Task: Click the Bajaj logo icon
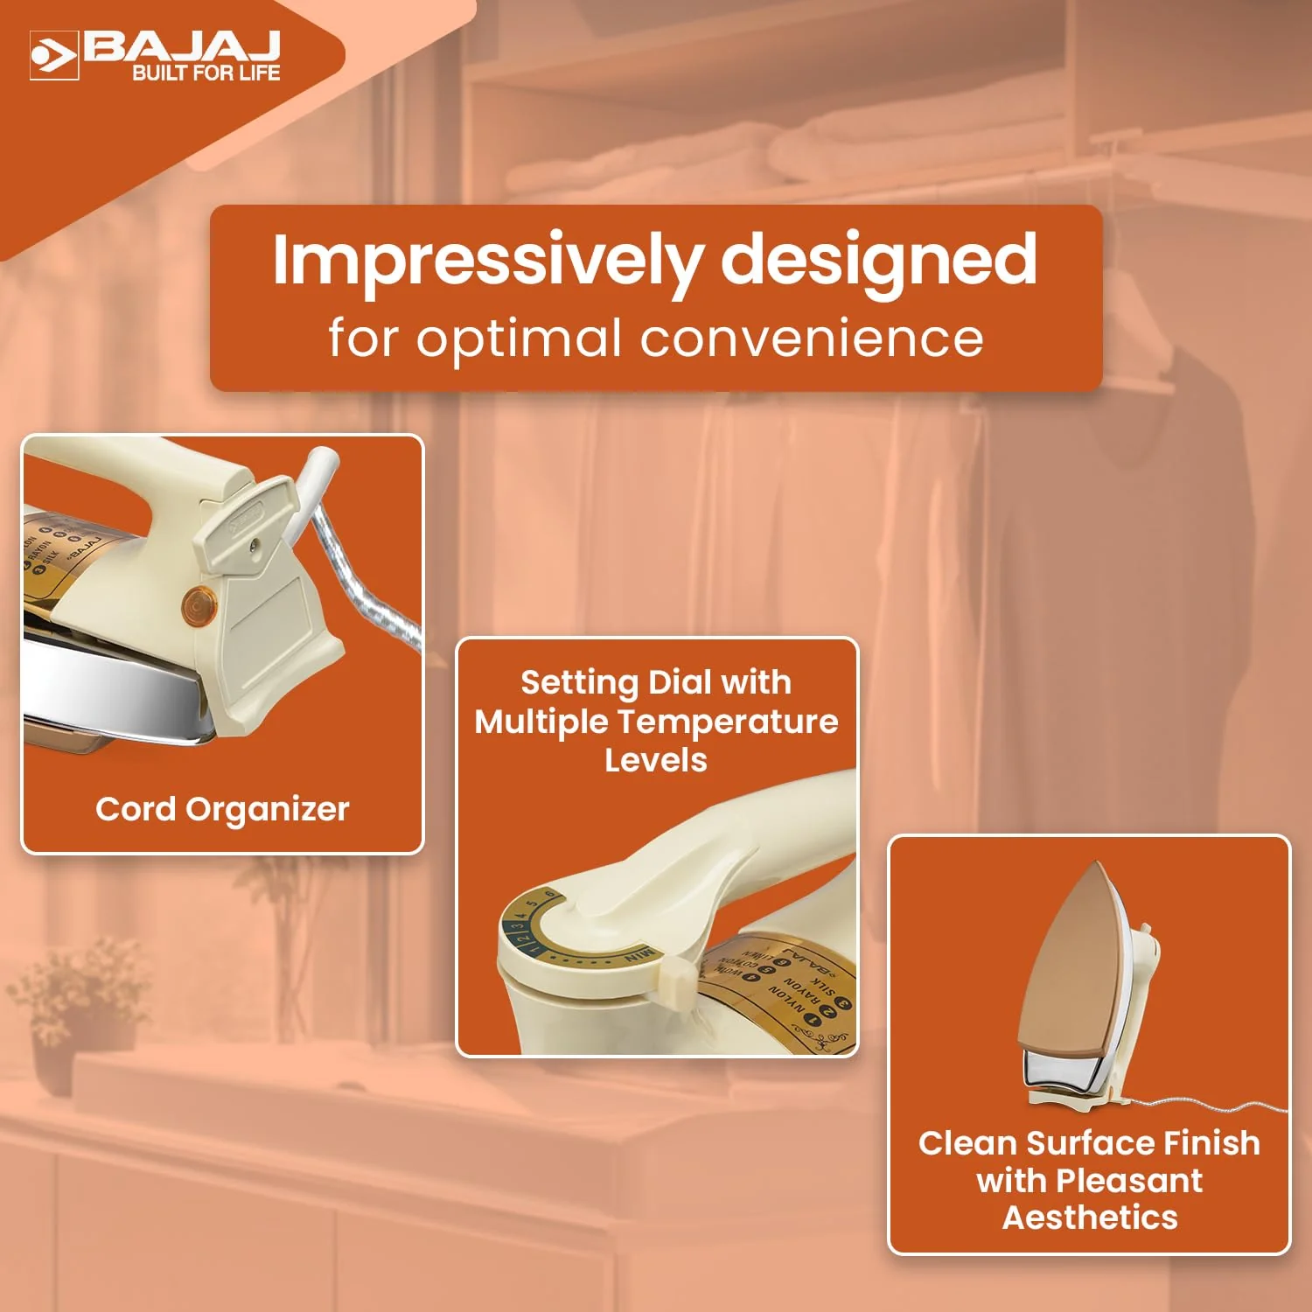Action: (54, 56)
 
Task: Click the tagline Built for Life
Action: (206, 73)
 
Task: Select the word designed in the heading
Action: (878, 261)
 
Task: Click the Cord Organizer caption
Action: (222, 810)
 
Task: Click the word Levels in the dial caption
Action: (655, 760)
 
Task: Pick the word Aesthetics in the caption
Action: (1090, 1218)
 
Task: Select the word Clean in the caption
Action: (968, 1143)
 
